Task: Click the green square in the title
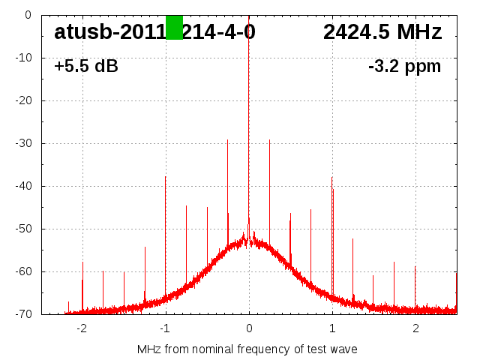click(174, 28)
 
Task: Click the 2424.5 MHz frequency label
click(382, 32)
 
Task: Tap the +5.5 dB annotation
click(86, 66)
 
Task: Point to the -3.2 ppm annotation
click(404, 66)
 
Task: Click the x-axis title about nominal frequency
click(247, 349)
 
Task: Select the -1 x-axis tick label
click(164, 328)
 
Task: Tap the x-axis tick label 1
click(332, 328)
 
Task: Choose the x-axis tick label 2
click(415, 328)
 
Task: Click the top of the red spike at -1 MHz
click(166, 177)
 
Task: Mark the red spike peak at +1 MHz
click(331, 178)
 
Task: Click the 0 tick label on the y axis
click(28, 15)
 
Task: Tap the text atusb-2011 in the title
click(109, 32)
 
